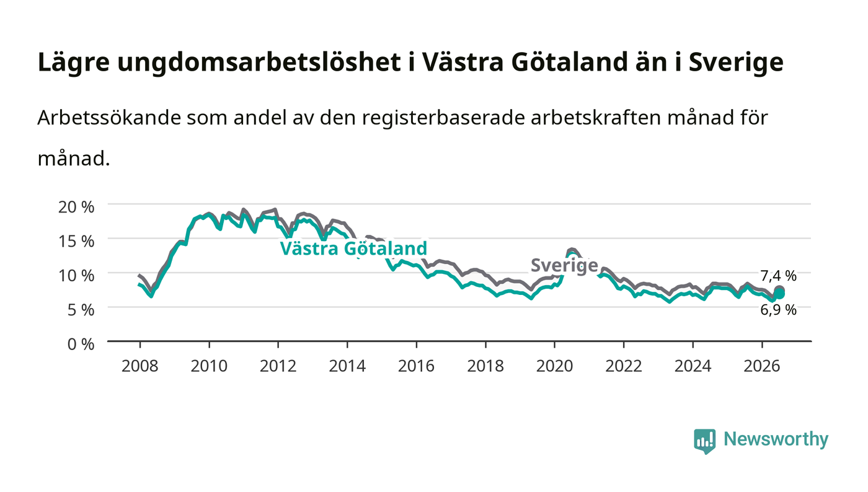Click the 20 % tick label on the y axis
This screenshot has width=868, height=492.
(x=76, y=207)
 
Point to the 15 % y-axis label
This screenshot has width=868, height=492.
(x=76, y=241)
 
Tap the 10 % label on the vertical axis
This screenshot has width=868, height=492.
(x=76, y=276)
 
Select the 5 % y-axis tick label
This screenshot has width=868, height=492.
(x=81, y=310)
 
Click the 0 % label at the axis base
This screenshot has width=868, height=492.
(x=81, y=344)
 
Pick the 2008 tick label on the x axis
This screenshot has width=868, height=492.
(x=140, y=366)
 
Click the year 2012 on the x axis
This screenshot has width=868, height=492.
(x=278, y=366)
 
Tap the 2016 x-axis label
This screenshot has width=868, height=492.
(x=416, y=366)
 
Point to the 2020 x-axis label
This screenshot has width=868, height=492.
(x=554, y=366)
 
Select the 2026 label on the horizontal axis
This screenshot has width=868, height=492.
(x=762, y=366)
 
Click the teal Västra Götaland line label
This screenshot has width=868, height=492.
(x=353, y=248)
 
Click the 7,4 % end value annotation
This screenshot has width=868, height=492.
(x=778, y=276)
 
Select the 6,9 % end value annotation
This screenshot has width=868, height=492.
(x=778, y=310)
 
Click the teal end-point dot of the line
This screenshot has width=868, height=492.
(x=779, y=294)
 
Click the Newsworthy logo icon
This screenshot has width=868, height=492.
(x=704, y=441)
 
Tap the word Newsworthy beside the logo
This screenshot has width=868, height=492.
(x=776, y=439)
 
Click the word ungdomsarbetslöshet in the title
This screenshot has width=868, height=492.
(x=259, y=63)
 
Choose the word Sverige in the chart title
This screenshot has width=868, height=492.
(x=736, y=63)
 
